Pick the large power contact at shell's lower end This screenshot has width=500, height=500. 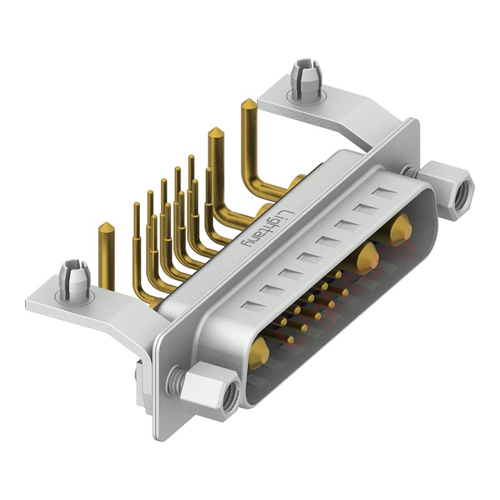click(x=262, y=351)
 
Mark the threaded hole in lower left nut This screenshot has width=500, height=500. click(x=232, y=394)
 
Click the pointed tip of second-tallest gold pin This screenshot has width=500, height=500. click(x=216, y=132)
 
